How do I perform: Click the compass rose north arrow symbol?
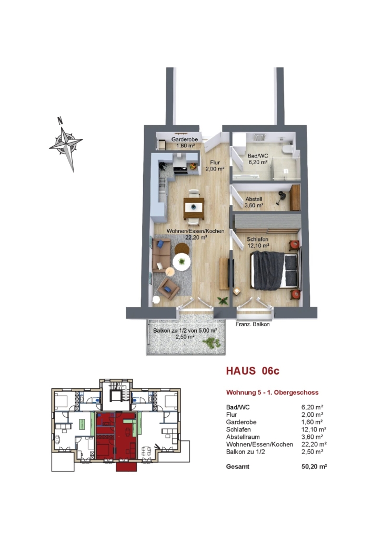click(x=66, y=144)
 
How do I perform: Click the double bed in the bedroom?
click(x=275, y=270)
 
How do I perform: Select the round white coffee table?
click(x=182, y=262)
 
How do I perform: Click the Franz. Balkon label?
click(x=253, y=324)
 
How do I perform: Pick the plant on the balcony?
click(x=212, y=343)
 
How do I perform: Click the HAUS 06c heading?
click(x=253, y=371)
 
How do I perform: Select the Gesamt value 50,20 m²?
click(x=314, y=467)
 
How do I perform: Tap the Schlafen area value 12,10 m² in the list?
click(x=314, y=430)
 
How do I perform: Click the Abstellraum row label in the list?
click(x=243, y=437)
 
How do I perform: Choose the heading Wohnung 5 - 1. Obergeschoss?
click(x=272, y=393)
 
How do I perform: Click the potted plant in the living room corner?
click(x=223, y=300)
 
